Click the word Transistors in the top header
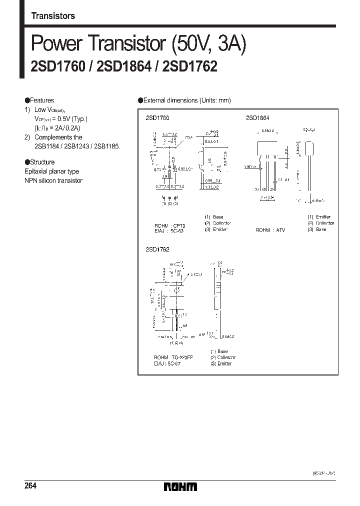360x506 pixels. (x=53, y=16)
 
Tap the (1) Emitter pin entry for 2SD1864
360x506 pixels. (x=320, y=216)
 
